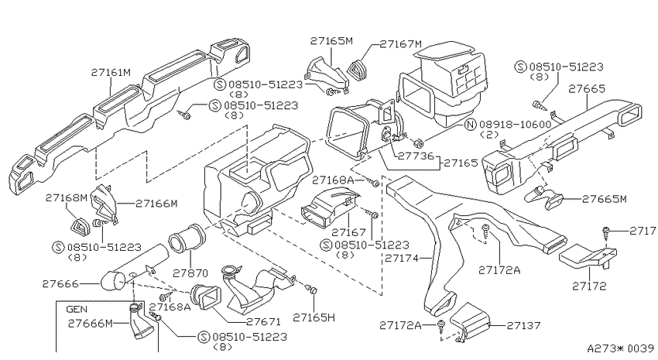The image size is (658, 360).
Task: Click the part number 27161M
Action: [x=111, y=73]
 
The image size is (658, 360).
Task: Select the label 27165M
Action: [x=331, y=41]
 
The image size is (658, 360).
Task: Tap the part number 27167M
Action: [x=401, y=44]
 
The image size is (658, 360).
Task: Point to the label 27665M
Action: [x=605, y=199]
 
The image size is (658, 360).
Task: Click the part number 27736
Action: [x=416, y=156]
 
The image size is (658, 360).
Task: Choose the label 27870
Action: [x=190, y=273]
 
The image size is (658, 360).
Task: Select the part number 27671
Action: [x=263, y=322]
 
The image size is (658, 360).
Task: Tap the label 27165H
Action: [x=314, y=317]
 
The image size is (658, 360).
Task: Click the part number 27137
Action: [x=524, y=325]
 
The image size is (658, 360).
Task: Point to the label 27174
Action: [x=402, y=258]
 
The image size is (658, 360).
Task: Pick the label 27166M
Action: [x=156, y=204]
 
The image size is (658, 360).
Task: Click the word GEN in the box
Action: [x=77, y=310]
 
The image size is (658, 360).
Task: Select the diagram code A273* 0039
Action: [x=620, y=348]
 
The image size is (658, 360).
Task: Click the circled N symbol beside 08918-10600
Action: [x=471, y=124]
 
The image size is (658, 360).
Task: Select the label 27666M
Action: [x=91, y=324]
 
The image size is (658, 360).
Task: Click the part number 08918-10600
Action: [x=515, y=124]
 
